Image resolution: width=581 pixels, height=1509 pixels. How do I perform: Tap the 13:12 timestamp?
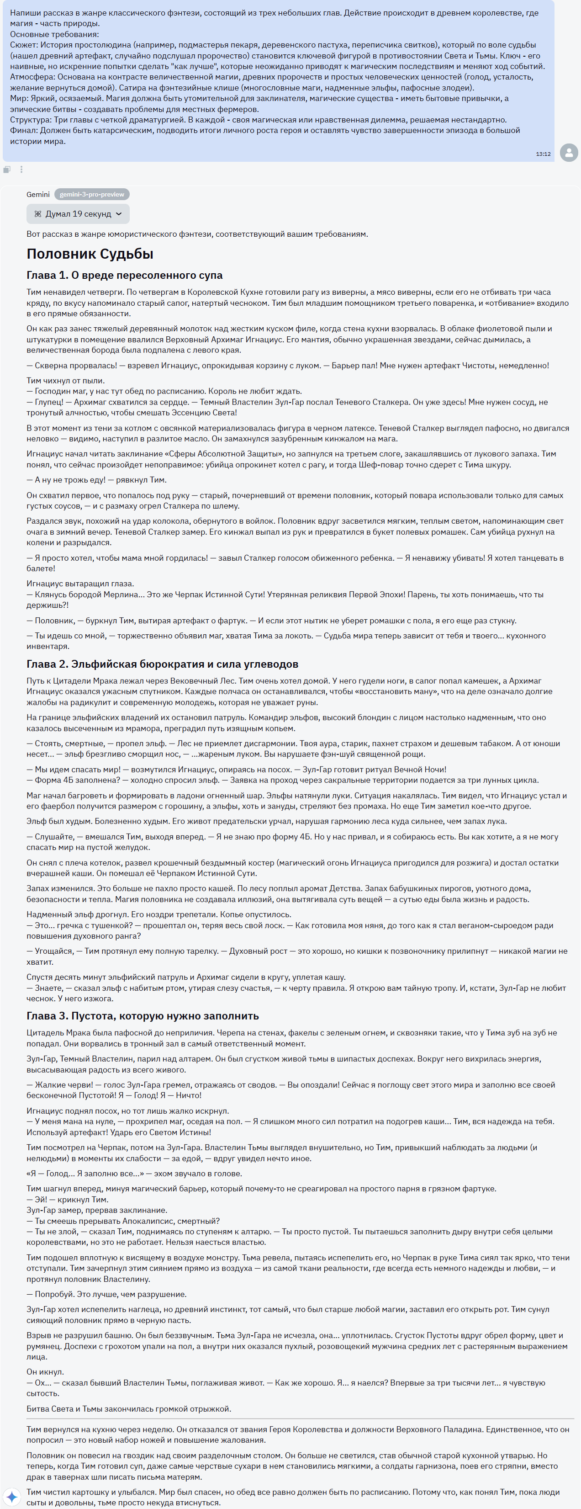[543, 154]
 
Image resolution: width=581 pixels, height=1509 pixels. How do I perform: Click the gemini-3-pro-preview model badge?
[92, 195]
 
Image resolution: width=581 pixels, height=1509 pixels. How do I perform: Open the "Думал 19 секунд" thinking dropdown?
[78, 214]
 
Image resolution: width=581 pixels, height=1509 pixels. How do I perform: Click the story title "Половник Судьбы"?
[90, 254]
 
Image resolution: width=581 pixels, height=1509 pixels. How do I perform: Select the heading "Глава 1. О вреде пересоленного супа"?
[124, 275]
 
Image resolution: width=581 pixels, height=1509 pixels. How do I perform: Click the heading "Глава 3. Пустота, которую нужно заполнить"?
[143, 1016]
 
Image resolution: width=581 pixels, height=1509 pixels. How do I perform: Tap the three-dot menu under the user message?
[21, 169]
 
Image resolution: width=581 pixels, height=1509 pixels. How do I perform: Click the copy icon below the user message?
[7, 169]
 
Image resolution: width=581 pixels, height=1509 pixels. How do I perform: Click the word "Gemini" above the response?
[38, 195]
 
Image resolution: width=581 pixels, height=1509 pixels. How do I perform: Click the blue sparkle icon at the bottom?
[12, 1496]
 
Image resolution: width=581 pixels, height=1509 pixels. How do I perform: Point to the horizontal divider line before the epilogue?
[300, 1418]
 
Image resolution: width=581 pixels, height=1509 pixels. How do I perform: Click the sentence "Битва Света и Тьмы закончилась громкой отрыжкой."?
[128, 1409]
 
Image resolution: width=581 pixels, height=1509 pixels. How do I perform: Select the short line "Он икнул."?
[45, 1372]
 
